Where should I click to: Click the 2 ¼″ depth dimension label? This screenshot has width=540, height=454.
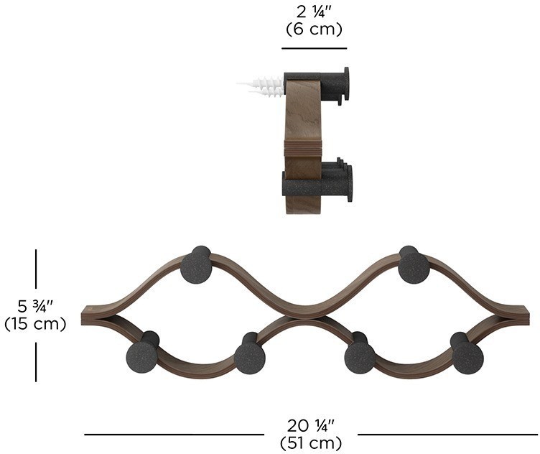point(313,12)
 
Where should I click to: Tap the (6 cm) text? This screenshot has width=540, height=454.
point(314,29)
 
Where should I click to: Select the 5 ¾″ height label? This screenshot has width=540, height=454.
point(35,306)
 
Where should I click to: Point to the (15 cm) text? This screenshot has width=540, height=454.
point(35,324)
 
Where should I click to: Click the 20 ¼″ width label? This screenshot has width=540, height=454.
point(311,426)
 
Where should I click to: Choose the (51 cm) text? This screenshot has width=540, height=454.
point(311,443)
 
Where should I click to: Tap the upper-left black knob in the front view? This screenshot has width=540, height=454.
point(196,265)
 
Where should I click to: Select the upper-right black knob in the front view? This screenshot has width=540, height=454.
point(414,265)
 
